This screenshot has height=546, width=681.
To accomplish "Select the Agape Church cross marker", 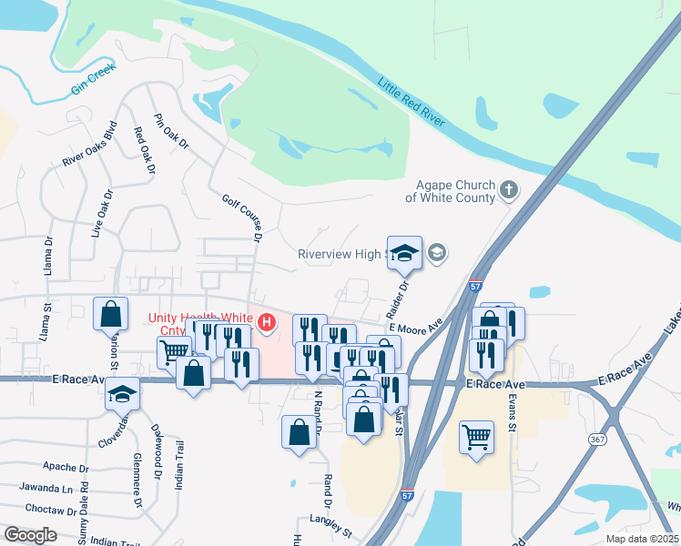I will coord(509,190).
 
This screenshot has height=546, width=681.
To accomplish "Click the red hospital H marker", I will coord(267,323).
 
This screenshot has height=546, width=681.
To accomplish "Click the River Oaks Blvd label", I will coord(90,145).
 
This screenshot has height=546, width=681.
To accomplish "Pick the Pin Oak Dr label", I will coord(171,132).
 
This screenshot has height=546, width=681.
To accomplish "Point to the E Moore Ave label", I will coord(415,324).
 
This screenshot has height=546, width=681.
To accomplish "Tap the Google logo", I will coord(30,535).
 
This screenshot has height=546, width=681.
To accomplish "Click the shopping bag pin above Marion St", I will coord(110,314).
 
